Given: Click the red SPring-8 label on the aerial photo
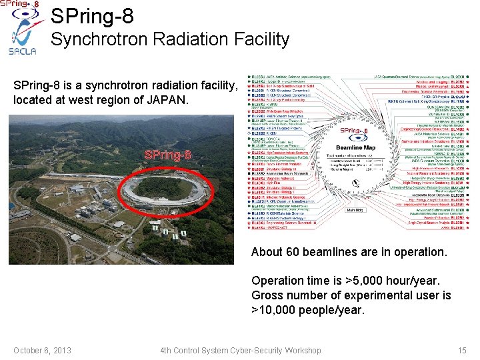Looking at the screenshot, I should [x=168, y=155].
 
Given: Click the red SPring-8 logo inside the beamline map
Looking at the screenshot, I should [x=354, y=131].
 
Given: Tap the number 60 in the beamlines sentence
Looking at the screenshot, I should [x=293, y=252].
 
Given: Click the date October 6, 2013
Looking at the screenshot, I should [x=42, y=350].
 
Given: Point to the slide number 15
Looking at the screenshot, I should [x=462, y=350].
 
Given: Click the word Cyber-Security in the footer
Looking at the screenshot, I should [x=255, y=350].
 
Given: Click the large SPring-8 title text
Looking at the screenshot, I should [x=91, y=15].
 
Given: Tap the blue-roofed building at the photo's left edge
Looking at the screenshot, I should [x=13, y=206].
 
